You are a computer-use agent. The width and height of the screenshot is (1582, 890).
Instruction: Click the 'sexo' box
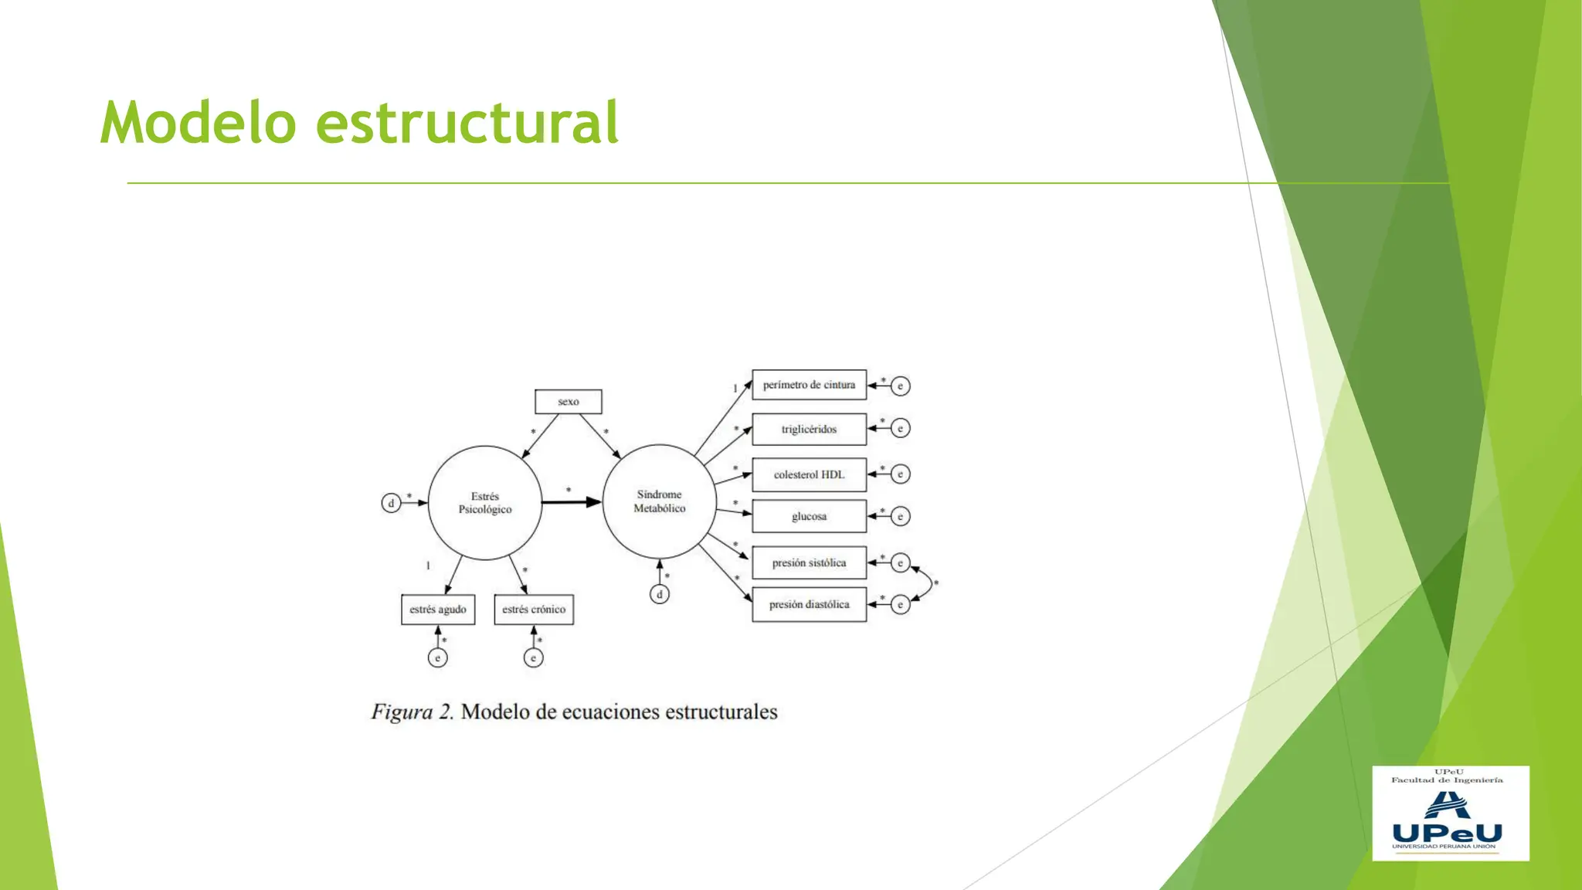568,402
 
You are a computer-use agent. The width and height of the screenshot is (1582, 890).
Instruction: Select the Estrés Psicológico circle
485,503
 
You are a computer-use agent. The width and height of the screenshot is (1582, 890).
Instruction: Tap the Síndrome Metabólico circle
659,501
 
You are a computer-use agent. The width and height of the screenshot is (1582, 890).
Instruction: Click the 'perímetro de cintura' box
809,385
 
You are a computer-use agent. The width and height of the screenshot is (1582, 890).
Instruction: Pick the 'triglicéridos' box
809,430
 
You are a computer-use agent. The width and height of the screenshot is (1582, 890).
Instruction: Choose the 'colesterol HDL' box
809,474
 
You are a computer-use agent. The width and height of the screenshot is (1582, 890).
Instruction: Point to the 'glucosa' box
809,516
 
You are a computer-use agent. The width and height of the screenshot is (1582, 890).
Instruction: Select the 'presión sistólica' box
809,563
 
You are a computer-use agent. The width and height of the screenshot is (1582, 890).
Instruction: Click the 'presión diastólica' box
809,605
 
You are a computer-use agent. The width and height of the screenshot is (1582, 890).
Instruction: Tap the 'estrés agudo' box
438,610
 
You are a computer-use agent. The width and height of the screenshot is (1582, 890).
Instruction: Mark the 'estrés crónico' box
534,610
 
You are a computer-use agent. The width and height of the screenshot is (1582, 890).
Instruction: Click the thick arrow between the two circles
571,502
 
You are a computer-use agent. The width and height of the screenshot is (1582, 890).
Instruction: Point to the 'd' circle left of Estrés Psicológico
391,503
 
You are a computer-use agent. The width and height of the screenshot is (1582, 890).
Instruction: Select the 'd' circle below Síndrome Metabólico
660,594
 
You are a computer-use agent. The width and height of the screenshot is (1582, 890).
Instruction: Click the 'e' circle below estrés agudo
438,657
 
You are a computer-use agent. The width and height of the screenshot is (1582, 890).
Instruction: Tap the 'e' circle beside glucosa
900,516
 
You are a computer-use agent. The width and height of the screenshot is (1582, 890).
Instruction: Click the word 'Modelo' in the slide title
199,123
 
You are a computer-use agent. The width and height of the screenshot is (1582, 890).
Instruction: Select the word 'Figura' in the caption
402,712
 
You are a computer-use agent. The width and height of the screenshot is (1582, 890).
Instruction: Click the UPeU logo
1450,814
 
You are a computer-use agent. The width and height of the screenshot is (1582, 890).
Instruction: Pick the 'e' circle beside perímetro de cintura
900,386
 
